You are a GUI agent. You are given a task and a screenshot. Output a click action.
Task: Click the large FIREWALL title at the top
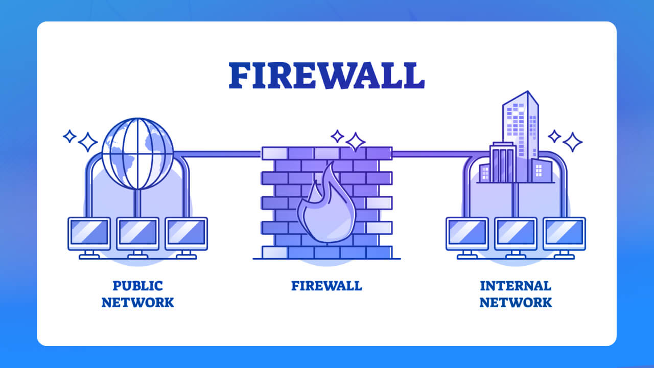pos(326,76)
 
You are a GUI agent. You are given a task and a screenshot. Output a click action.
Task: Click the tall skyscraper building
pos(520,133)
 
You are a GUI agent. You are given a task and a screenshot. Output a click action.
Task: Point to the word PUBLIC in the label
pos(137,285)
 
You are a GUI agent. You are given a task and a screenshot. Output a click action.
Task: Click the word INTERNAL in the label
pos(516,285)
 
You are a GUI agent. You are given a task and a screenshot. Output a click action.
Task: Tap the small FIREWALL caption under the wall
pos(326,285)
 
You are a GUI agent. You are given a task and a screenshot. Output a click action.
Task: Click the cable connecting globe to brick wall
pos(217,153)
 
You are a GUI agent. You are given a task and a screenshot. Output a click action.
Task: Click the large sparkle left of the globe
pos(88,142)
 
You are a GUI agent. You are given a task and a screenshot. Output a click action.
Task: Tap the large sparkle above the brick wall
pos(355,142)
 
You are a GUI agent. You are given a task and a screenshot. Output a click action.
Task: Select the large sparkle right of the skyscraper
pos(572,142)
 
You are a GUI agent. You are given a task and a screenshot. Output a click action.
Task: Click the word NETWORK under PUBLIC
pos(137,302)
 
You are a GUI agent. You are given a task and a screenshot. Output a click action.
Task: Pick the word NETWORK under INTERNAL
pos(516,302)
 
